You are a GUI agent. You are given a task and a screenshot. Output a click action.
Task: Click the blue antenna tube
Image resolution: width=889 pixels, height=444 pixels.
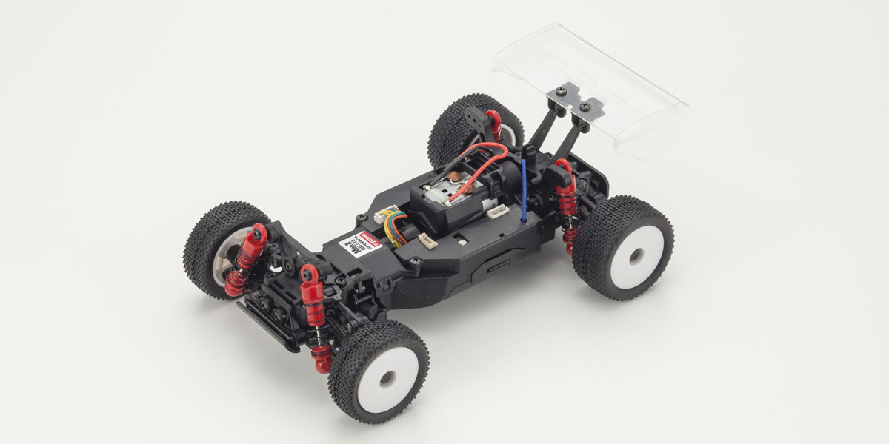tap(525, 189)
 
